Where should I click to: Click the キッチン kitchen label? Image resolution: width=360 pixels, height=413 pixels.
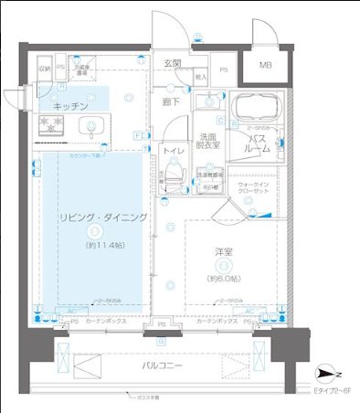click(x=69, y=107)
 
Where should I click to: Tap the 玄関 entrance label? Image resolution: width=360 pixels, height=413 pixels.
click(x=173, y=62)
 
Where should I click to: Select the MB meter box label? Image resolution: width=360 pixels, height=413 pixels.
click(x=264, y=65)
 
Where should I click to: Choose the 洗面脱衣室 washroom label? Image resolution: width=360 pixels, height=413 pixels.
click(x=208, y=142)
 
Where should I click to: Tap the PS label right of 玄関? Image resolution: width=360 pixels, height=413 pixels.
click(x=224, y=69)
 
